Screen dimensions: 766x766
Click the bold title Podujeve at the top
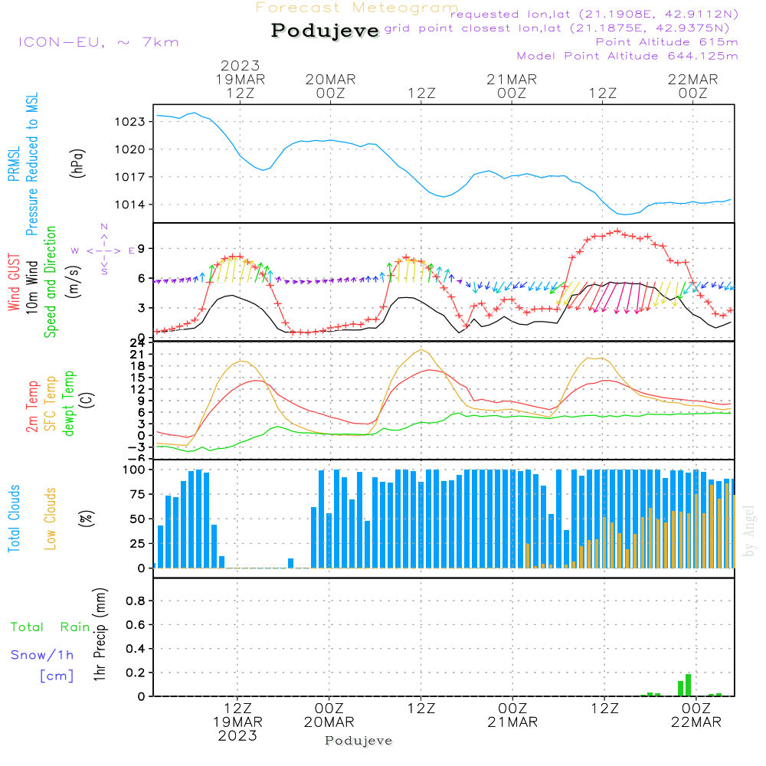tap(326, 31)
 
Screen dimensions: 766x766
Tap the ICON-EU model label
tap(98, 42)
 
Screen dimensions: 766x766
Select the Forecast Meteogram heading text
tap(357, 8)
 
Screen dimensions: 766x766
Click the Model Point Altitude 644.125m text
tap(627, 56)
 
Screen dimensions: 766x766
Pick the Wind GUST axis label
tap(15, 284)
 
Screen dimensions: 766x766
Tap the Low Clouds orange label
tap(51, 519)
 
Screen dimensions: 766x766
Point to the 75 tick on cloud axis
tap(136, 494)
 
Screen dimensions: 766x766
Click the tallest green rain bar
tap(688, 685)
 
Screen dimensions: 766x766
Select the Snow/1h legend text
tap(42, 655)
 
